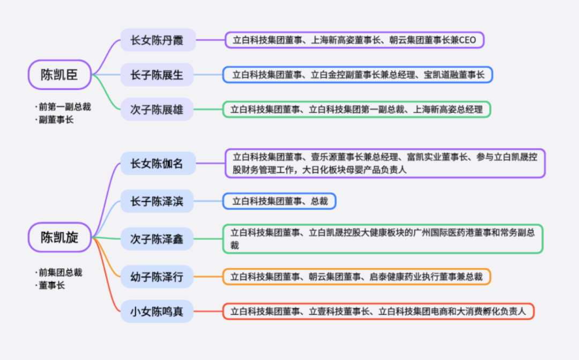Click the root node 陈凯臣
(59, 74)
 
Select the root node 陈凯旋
(59, 237)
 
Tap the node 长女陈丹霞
(158, 40)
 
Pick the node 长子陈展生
(158, 75)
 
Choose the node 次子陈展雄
(158, 110)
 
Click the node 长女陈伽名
(158, 163)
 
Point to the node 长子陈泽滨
(158, 201)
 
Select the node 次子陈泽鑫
(158, 239)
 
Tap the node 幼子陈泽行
(158, 276)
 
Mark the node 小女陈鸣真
(158, 311)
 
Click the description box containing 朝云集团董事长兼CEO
(354, 40)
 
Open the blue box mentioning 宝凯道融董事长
(358, 75)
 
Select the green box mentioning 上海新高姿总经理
(357, 110)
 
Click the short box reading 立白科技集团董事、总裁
(279, 201)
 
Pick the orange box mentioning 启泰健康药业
(357, 276)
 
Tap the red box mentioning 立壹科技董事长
(378, 311)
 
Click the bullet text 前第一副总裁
(64, 107)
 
